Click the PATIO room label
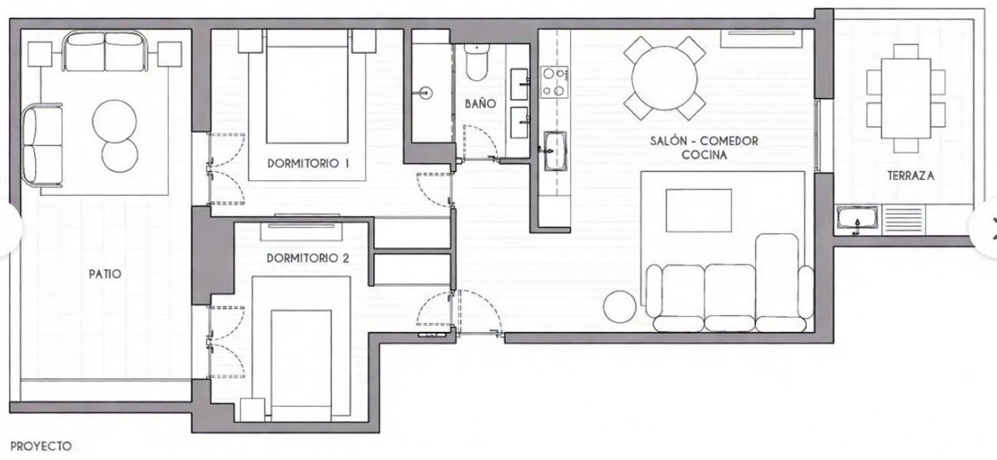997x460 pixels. tap(106, 272)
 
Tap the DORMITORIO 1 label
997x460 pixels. tap(308, 164)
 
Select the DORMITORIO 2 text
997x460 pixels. tap(307, 258)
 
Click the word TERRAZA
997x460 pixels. tap(911, 176)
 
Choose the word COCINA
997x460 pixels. tap(705, 155)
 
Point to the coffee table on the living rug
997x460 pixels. tap(700, 211)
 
